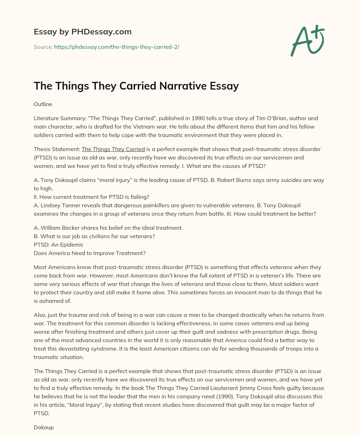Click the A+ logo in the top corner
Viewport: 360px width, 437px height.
tap(307, 40)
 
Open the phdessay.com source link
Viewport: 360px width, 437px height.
tap(116, 47)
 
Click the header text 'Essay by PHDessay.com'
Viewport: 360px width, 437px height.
tap(83, 32)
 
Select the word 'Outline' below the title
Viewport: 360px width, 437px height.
tap(43, 104)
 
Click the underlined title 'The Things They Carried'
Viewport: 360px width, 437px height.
tap(113, 149)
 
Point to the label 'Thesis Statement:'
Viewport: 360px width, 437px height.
tap(57, 149)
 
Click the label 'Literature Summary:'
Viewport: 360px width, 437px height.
tap(60, 118)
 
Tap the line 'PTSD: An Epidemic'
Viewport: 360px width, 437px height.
tap(59, 244)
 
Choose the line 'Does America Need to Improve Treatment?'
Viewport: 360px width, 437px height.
tap(90, 253)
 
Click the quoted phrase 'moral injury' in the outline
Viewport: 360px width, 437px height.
tap(117, 180)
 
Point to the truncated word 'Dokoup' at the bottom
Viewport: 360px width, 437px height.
tap(44, 428)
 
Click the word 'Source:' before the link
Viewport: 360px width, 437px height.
tap(43, 47)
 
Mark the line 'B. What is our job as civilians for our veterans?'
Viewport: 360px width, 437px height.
tap(94, 236)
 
